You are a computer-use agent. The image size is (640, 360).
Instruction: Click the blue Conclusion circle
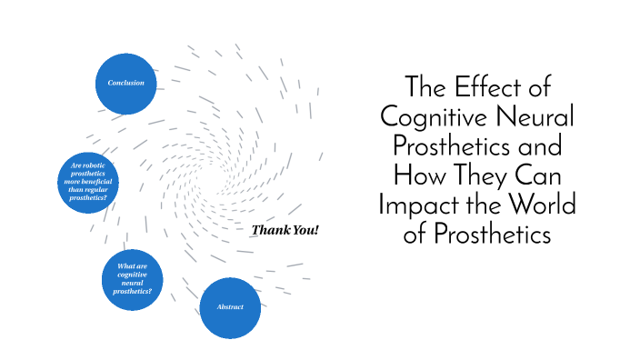[x=126, y=84]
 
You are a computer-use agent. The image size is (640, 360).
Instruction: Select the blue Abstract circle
[x=230, y=307]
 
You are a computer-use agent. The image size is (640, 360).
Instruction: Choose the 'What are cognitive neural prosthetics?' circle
[x=132, y=278]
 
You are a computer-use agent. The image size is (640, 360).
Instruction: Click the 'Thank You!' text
[x=285, y=230]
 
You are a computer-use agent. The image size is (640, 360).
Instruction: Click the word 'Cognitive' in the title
[x=433, y=117]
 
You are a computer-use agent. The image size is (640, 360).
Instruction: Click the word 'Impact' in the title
[x=415, y=205]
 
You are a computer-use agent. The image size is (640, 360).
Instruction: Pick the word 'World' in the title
[x=546, y=205]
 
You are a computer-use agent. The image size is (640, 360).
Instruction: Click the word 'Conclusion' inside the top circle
[x=126, y=84]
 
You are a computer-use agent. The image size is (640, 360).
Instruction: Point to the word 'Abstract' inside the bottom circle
[x=230, y=307]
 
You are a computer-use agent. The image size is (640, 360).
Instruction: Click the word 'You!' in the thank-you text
[x=305, y=230]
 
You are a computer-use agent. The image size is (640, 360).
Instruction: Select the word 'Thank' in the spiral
[x=269, y=230]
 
